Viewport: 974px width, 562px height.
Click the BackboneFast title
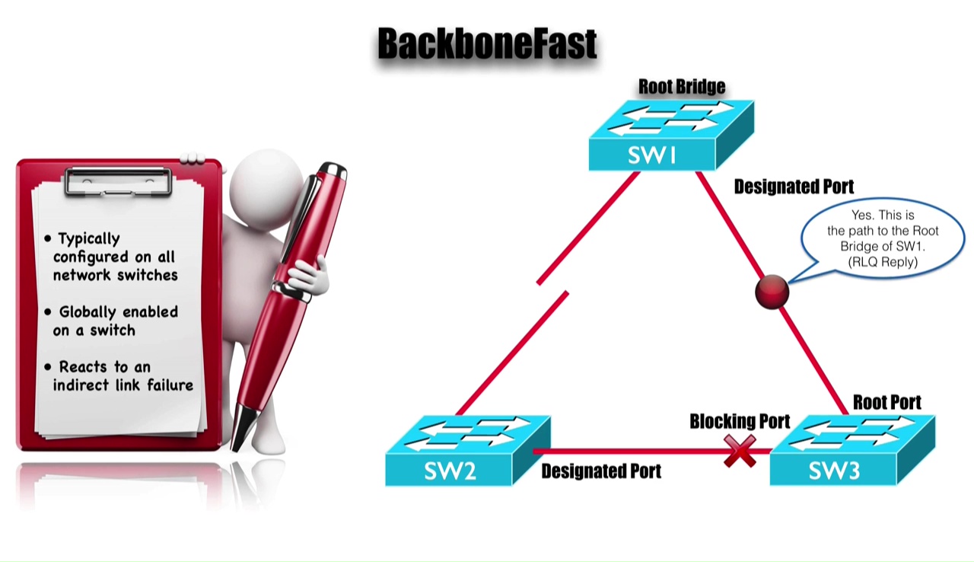(x=487, y=44)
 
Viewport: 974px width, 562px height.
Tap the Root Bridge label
(x=681, y=87)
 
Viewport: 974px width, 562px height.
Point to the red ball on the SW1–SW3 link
(x=772, y=292)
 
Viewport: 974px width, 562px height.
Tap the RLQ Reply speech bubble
(x=883, y=238)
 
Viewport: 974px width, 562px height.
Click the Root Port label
(x=886, y=402)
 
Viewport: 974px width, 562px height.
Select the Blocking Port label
(x=740, y=421)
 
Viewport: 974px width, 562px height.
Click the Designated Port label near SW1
(x=794, y=187)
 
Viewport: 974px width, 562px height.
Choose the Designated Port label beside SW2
(x=601, y=471)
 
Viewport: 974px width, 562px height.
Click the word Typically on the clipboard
(x=89, y=239)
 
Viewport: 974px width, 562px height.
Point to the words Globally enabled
(x=118, y=312)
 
